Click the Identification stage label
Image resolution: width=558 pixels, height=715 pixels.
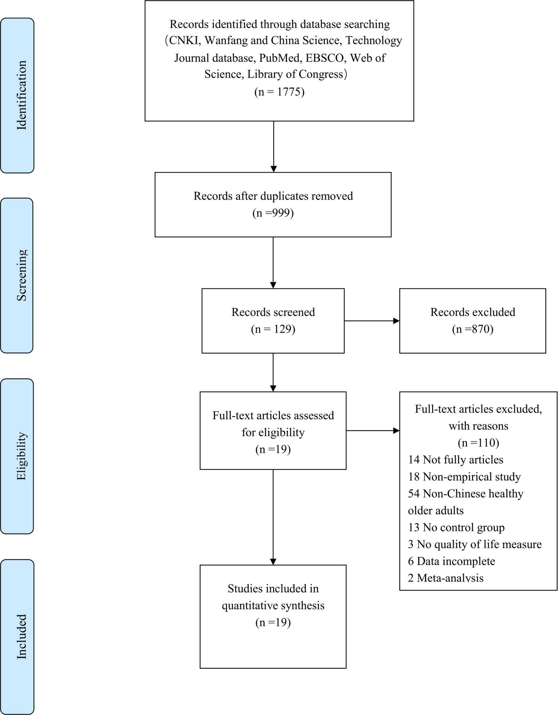tap(21, 95)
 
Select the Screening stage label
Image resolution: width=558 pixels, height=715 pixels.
tap(21, 275)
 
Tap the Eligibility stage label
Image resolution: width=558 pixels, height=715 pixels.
tap(21, 456)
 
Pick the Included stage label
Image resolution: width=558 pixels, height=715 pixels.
tap(21, 636)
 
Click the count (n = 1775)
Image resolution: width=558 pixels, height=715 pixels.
tap(279, 92)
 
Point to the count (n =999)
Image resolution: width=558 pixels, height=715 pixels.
tap(273, 213)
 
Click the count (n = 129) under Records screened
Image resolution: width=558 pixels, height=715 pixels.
tap(273, 329)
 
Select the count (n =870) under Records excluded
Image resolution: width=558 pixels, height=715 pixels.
tap(472, 329)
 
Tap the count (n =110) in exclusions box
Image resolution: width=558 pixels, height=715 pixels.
tap(478, 442)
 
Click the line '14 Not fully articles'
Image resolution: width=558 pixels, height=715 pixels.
tap(456, 459)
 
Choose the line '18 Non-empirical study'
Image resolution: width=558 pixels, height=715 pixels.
tap(464, 476)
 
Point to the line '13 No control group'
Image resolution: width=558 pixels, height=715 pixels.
tap(456, 527)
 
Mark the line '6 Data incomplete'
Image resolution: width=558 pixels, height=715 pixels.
tap(451, 561)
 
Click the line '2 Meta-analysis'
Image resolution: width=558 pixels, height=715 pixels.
tap(446, 578)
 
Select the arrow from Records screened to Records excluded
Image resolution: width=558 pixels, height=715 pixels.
tap(372, 321)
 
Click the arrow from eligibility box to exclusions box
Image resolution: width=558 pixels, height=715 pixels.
tap(373, 431)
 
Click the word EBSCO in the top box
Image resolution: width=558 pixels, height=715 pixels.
tap(326, 58)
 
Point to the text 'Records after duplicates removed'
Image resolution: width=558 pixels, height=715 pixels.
tap(273, 196)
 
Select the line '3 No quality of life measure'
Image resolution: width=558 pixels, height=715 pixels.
tap(475, 544)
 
